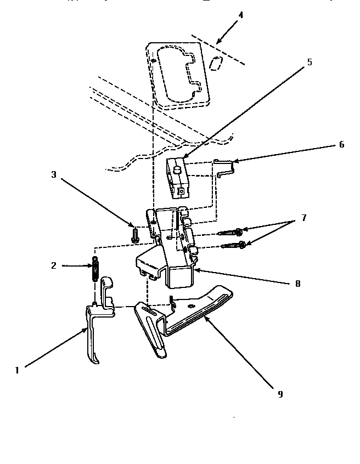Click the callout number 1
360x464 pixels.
17,370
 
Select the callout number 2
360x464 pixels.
54,265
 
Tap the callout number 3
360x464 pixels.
54,175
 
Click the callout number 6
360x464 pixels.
341,145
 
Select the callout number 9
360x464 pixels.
280,394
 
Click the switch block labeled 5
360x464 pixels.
178,177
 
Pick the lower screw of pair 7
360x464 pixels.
233,245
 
